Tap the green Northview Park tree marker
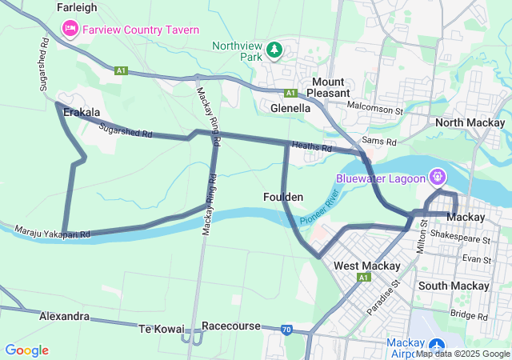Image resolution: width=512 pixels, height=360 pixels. tap(274, 50)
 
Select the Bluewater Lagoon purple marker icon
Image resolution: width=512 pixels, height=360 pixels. tap(438, 175)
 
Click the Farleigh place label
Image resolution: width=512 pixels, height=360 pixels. tap(77, 7)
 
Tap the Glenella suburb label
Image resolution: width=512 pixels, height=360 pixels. tap(290, 107)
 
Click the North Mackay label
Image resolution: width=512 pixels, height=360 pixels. tap(470, 122)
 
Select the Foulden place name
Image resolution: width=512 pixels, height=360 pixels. tap(282, 197)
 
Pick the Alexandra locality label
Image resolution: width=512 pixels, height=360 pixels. tap(65, 316)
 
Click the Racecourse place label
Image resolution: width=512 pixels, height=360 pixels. tap(231, 326)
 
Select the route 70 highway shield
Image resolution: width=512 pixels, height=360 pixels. tap(286, 329)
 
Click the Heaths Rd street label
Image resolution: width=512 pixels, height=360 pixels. tap(311, 147)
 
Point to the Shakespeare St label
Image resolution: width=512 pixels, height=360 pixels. tap(459, 238)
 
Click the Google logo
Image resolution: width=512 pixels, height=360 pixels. tap(26, 350)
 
